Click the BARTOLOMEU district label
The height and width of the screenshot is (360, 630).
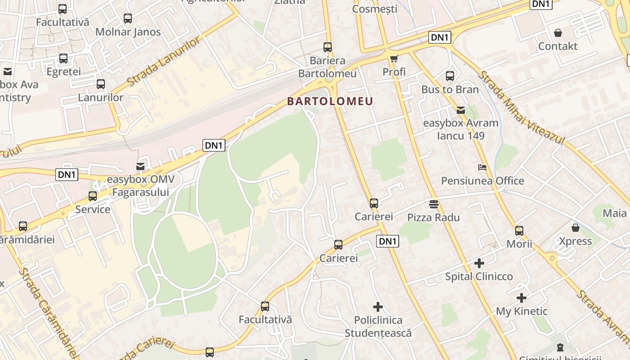pos(330,101)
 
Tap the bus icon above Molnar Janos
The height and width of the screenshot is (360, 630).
pos(128,18)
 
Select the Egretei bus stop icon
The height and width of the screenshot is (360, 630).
pos(63,58)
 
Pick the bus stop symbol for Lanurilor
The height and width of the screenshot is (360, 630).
pos(101,84)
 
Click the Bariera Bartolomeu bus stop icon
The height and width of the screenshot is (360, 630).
pos(328,47)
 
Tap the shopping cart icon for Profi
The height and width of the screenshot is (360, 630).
pos(394,58)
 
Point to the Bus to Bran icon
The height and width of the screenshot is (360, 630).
pos(450,76)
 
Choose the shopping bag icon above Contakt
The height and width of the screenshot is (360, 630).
pos(558,33)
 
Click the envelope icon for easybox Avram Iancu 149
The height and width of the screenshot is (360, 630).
pos(461,110)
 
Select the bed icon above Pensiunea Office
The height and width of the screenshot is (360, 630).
pos(482,167)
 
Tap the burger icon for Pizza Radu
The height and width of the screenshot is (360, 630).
pos(434,204)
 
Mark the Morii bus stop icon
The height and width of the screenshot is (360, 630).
pos(519,231)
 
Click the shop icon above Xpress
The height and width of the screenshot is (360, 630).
pos(575,228)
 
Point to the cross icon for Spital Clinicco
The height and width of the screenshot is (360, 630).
pos(479,263)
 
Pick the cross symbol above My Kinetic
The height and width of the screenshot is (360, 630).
pos(522,298)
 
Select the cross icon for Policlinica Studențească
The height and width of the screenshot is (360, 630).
pos(378,307)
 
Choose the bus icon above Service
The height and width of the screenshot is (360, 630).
pos(93,196)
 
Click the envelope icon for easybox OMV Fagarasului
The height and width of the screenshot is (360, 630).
pos(140,166)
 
